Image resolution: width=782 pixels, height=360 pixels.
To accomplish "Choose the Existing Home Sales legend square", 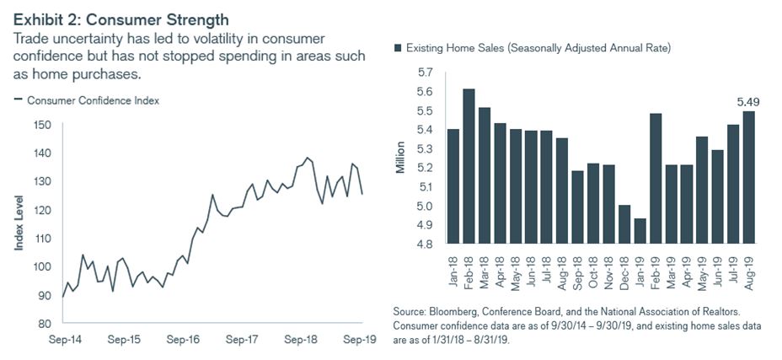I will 398,48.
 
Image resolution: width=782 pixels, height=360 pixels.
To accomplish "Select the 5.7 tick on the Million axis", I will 426,73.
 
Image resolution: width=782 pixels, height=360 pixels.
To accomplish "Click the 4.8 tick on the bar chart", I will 426,244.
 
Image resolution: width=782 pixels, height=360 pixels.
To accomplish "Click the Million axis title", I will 401,158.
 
